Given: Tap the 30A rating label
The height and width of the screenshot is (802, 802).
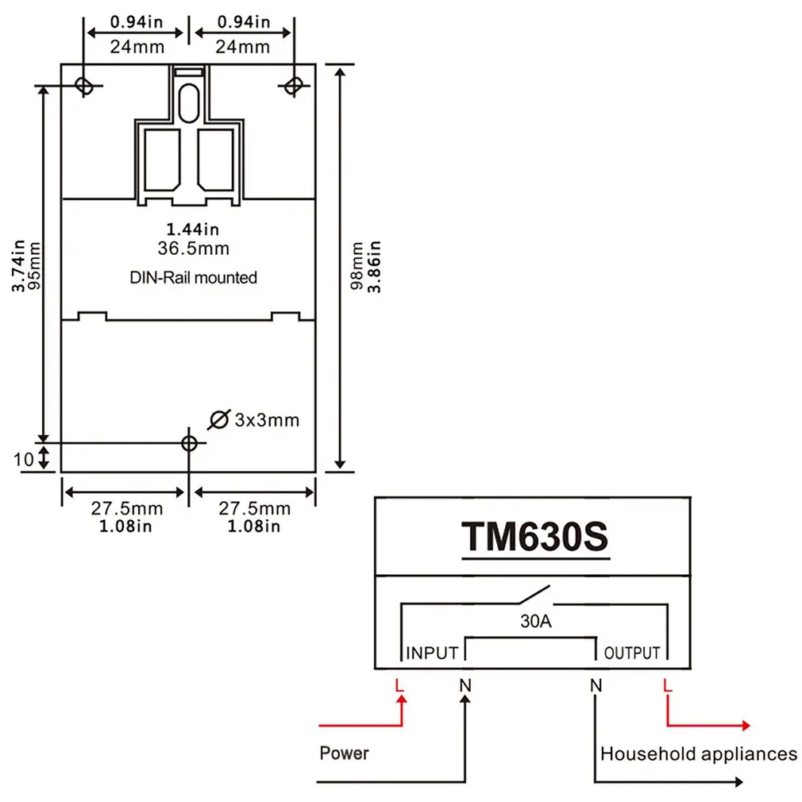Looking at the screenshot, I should tap(535, 622).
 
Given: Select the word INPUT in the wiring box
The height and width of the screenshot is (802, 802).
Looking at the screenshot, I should tap(432, 654).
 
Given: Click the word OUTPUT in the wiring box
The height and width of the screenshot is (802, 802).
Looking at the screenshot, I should tap(632, 654).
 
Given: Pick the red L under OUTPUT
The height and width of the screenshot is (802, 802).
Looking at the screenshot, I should tap(668, 684).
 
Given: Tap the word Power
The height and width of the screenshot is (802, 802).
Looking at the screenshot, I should tap(344, 752).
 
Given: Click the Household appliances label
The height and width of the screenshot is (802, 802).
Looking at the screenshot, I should tap(699, 754).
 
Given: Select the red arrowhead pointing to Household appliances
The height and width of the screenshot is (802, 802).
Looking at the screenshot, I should tap(745, 725).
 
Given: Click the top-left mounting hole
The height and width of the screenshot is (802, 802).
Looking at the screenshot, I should tap(83, 84).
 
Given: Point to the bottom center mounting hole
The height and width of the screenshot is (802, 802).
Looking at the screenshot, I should tap(189, 442).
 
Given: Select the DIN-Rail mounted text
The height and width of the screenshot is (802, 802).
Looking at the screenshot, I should tap(194, 278).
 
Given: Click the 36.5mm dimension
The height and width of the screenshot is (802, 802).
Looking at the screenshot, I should tap(194, 249).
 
